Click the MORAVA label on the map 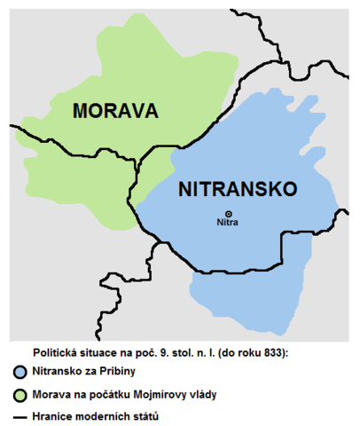(x=115, y=111)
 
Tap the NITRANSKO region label (x=237, y=189)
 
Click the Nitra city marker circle (x=229, y=213)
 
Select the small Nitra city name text (x=229, y=224)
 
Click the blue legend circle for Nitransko (x=20, y=371)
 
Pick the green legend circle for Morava (x=20, y=393)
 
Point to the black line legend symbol (x=20, y=414)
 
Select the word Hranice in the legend (x=54, y=414)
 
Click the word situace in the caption (x=108, y=351)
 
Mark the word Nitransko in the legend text (x=60, y=371)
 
